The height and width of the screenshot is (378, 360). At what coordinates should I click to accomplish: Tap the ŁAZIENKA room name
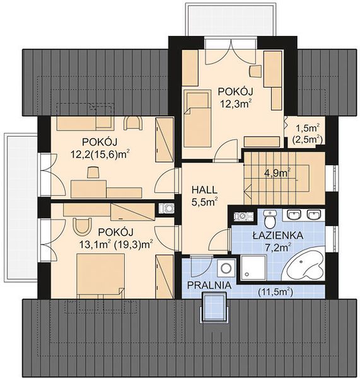277,235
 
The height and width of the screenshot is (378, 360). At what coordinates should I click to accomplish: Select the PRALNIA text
209,285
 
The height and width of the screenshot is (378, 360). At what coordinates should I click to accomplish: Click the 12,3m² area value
235,104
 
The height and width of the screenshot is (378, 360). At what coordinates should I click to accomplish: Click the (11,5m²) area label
276,292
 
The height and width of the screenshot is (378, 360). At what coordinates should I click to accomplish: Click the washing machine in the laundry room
226,268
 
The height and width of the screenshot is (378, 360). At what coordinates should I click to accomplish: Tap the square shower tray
253,268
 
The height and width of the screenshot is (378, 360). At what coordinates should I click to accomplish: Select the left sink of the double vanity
293,215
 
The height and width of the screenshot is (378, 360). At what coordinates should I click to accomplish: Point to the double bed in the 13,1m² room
101,276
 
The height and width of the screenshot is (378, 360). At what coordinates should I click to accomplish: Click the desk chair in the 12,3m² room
255,71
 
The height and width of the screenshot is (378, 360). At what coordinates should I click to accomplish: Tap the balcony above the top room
231,20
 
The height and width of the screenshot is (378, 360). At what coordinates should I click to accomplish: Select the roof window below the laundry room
214,307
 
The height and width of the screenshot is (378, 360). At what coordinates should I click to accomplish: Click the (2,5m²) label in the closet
308,140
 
